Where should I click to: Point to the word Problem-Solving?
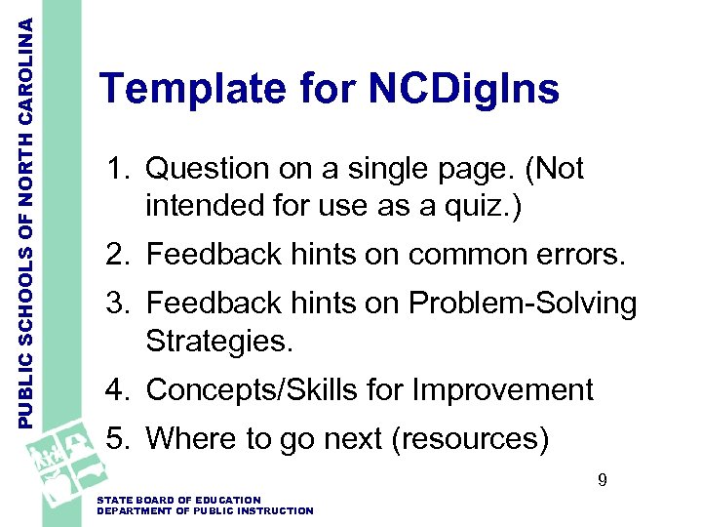[x=522, y=304]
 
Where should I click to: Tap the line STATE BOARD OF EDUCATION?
[x=179, y=500]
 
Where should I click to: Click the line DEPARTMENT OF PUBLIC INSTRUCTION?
[x=206, y=510]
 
